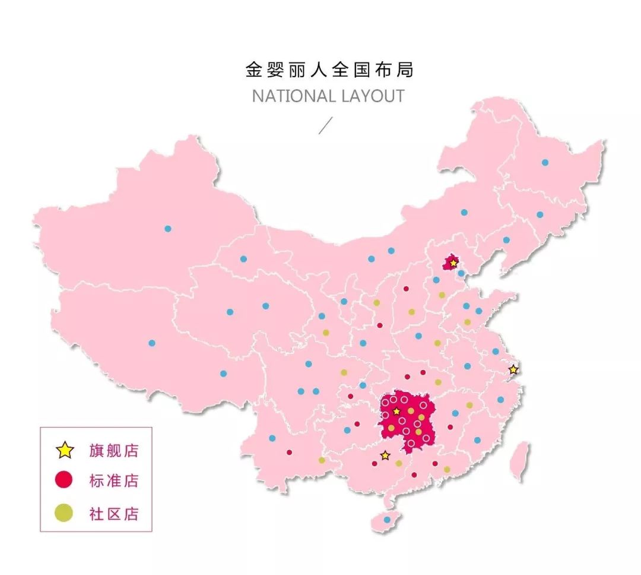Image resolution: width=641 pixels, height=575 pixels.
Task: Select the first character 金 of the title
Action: tap(254, 70)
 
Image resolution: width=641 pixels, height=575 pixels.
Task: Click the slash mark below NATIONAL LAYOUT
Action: tap(326, 125)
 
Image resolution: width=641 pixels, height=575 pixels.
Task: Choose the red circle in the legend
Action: tap(64, 480)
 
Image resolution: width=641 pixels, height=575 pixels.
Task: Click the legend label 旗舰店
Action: tap(114, 451)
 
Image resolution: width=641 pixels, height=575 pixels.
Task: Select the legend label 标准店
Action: tap(114, 481)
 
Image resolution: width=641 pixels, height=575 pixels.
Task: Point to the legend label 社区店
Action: tap(114, 514)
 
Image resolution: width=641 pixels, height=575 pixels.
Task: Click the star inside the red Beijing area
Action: tap(453, 263)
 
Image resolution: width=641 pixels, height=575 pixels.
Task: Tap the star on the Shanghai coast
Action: tap(513, 369)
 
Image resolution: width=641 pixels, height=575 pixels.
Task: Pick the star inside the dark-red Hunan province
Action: tap(396, 411)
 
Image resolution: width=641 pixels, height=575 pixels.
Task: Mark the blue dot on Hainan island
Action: tap(387, 520)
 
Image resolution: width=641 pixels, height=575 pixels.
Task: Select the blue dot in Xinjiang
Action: tap(168, 229)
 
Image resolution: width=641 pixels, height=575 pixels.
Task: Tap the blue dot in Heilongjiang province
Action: tap(545, 162)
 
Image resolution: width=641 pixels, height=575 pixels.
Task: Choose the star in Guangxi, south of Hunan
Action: tap(385, 456)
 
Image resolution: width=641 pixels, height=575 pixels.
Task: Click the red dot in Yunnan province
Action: tap(289, 452)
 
